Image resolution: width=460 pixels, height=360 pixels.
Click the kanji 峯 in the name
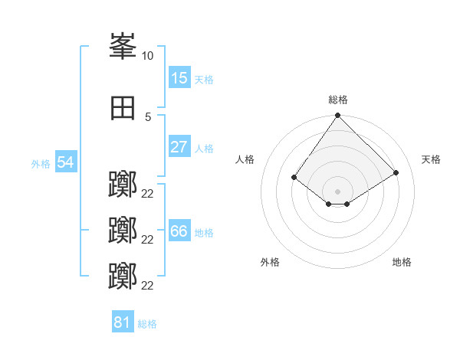[123, 46]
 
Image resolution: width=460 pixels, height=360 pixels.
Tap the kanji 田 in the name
[123, 108]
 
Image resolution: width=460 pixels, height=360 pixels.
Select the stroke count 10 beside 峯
[147, 56]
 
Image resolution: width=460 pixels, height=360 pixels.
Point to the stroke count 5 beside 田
[148, 117]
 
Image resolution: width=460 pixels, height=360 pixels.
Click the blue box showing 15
[179, 77]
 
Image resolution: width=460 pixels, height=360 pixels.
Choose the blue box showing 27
[179, 146]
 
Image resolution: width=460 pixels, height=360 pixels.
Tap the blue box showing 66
[179, 230]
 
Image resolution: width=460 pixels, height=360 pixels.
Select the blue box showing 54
[66, 162]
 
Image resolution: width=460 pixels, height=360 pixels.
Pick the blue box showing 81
[123, 321]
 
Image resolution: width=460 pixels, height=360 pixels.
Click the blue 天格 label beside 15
[204, 80]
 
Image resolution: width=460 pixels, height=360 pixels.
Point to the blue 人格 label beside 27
[204, 149]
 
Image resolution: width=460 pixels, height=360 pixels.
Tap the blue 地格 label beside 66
[204, 233]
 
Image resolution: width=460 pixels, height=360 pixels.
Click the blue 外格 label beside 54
[41, 164]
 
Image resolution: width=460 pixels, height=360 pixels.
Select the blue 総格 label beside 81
[147, 324]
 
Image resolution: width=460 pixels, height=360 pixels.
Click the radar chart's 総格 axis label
[338, 100]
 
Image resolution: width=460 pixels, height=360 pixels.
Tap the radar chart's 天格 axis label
[431, 159]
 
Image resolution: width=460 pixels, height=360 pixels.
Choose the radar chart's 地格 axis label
[402, 262]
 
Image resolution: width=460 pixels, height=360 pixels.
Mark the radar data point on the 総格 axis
[337, 115]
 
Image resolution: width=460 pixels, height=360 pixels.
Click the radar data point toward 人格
[294, 177]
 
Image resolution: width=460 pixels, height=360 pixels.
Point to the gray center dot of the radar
[337, 191]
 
